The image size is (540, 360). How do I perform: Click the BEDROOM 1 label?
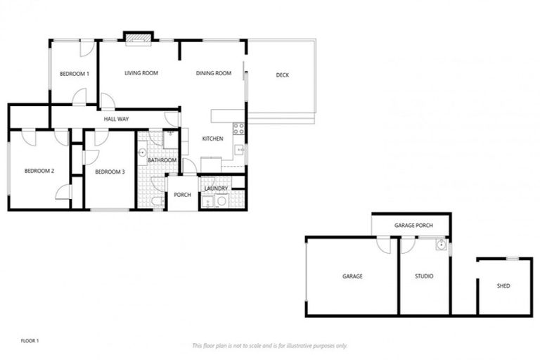[x=74, y=74]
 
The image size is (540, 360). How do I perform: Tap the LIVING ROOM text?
[x=141, y=73]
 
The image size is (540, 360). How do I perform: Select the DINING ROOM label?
[x=214, y=73]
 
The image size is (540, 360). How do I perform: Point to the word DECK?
[x=282, y=75]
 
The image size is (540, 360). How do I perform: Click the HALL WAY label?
[x=116, y=120]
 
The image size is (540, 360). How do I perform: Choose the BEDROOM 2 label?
[x=39, y=171]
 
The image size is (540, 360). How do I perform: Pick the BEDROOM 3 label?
[x=110, y=172]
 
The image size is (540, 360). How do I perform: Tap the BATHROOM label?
[x=162, y=160]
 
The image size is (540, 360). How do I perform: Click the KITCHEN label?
[x=212, y=139]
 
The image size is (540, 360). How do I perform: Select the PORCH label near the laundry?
[x=183, y=195]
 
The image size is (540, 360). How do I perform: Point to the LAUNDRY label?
[x=216, y=188]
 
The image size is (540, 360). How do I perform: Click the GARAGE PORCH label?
[x=413, y=226]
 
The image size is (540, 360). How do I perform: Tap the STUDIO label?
[x=424, y=276]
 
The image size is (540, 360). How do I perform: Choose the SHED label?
[x=503, y=286]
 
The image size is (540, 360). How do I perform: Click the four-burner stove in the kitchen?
[x=238, y=129]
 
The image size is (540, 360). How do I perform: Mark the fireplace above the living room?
[x=138, y=39]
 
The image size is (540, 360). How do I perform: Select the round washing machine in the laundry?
[x=221, y=202]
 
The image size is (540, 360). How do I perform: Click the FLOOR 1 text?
[x=30, y=341]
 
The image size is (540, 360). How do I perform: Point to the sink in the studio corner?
[x=441, y=245]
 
